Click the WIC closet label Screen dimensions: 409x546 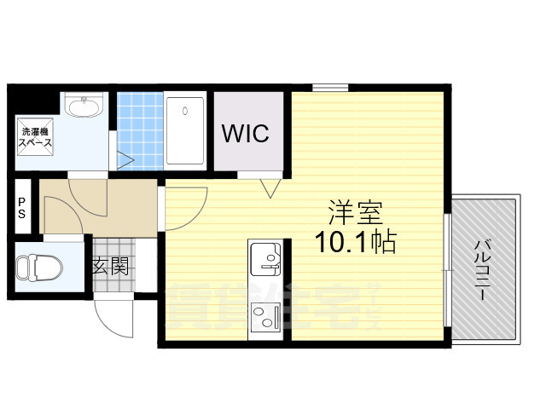click(x=246, y=133)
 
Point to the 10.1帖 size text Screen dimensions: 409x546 click(x=357, y=243)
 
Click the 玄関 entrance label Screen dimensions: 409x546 click(x=111, y=267)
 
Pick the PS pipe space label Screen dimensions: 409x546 click(x=21, y=208)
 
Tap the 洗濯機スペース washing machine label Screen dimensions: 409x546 click(x=36, y=138)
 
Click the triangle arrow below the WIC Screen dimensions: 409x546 click(x=272, y=187)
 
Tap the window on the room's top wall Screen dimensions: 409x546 click(x=328, y=87)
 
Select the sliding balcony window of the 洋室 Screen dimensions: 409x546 click(x=446, y=268)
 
